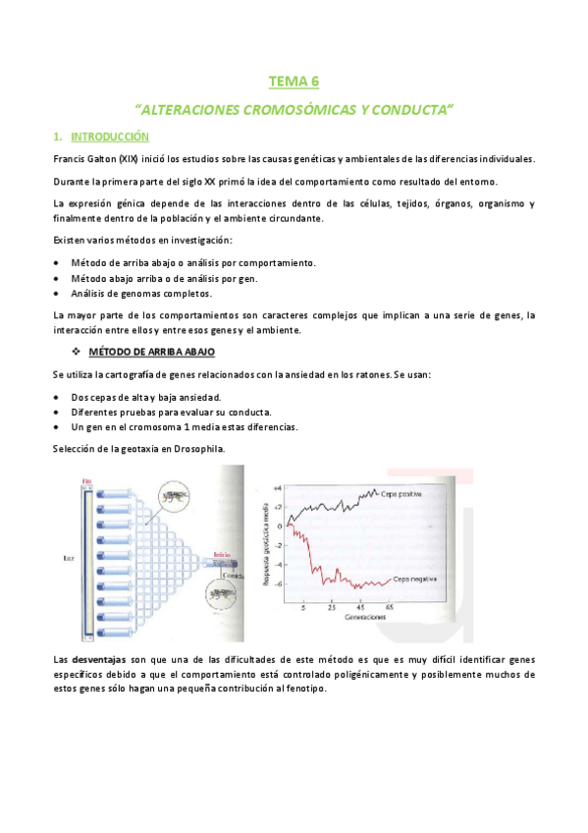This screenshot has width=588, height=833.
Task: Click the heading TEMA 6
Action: [x=294, y=83]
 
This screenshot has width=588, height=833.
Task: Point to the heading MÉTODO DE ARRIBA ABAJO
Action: [x=151, y=351]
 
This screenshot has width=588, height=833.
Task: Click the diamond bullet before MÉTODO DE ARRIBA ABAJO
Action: [x=75, y=351]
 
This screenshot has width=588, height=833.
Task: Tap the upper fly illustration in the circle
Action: [x=177, y=496]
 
